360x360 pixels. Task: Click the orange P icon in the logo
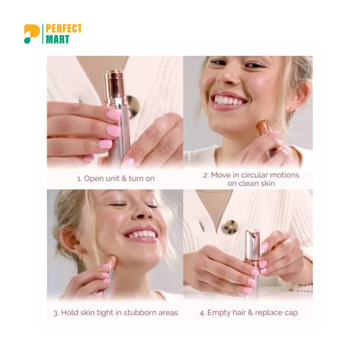click(x=31, y=34)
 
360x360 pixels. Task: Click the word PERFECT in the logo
click(x=64, y=29)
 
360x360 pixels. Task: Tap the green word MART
click(x=58, y=39)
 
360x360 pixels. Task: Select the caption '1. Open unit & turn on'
click(x=116, y=178)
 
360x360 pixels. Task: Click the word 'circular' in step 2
click(x=254, y=175)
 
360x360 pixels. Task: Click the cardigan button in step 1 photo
click(x=133, y=107)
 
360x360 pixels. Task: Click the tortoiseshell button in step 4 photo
click(x=230, y=227)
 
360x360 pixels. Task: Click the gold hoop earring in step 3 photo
click(x=81, y=256)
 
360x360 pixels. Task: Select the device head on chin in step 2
click(x=263, y=127)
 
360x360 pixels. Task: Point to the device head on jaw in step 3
click(x=112, y=262)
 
